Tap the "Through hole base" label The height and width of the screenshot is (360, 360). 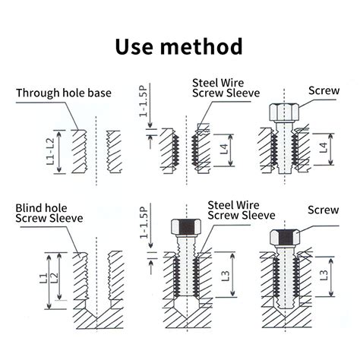(x=64, y=93)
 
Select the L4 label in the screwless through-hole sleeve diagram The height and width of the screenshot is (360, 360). (x=224, y=149)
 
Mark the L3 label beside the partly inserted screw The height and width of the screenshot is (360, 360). (x=225, y=283)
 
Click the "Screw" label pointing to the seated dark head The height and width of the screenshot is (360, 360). (x=324, y=210)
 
